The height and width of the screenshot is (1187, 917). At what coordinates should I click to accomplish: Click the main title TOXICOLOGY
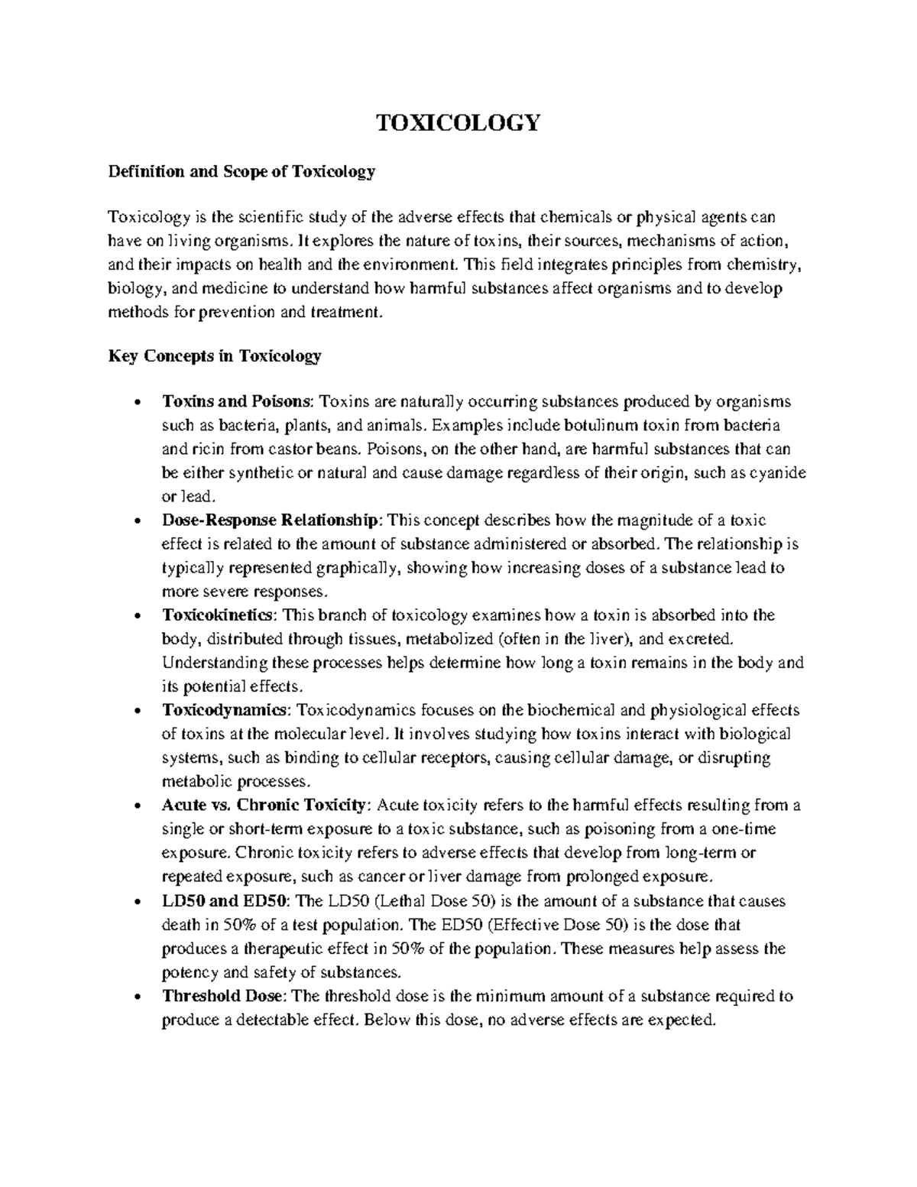(x=458, y=122)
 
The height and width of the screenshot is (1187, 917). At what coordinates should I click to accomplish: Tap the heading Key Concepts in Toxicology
(x=215, y=355)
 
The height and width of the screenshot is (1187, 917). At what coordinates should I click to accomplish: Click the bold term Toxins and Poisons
(x=237, y=402)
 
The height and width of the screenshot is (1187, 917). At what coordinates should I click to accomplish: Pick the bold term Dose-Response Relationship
(x=271, y=521)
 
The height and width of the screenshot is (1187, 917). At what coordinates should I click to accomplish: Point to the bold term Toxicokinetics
(x=216, y=615)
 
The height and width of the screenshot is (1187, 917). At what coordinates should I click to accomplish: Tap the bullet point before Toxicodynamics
(x=136, y=712)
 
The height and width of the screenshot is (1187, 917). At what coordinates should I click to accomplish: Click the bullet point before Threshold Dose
(x=136, y=997)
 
